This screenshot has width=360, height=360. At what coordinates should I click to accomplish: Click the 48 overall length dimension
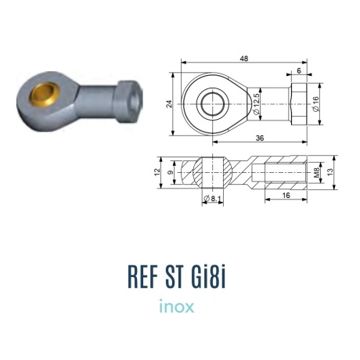[x=244, y=59]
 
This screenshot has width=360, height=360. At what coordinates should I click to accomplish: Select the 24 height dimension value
[x=170, y=104]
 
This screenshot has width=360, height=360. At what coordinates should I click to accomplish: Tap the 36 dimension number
[x=260, y=138]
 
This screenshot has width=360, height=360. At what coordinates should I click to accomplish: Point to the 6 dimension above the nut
[x=299, y=70]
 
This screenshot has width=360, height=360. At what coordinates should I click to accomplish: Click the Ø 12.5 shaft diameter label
[x=257, y=104]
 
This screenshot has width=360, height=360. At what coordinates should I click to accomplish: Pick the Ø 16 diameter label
[x=315, y=104]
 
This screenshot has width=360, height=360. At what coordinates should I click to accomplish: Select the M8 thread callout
[x=316, y=172]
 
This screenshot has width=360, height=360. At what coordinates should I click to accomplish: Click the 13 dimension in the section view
[x=330, y=172]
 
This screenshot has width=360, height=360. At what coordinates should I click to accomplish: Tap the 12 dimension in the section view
[x=157, y=172]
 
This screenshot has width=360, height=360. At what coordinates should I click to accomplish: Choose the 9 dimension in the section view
[x=170, y=172]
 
